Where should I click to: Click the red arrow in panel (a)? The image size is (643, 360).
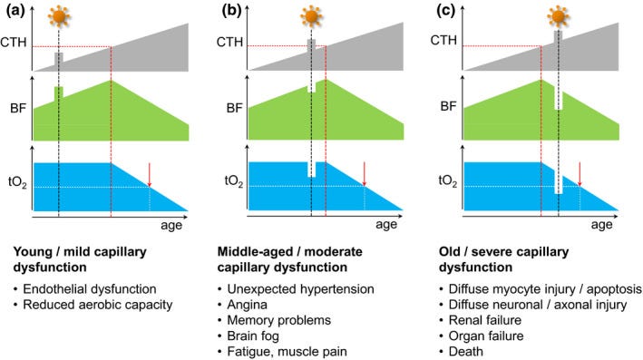click(x=150, y=175)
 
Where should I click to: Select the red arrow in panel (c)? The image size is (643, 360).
click(x=580, y=175)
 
